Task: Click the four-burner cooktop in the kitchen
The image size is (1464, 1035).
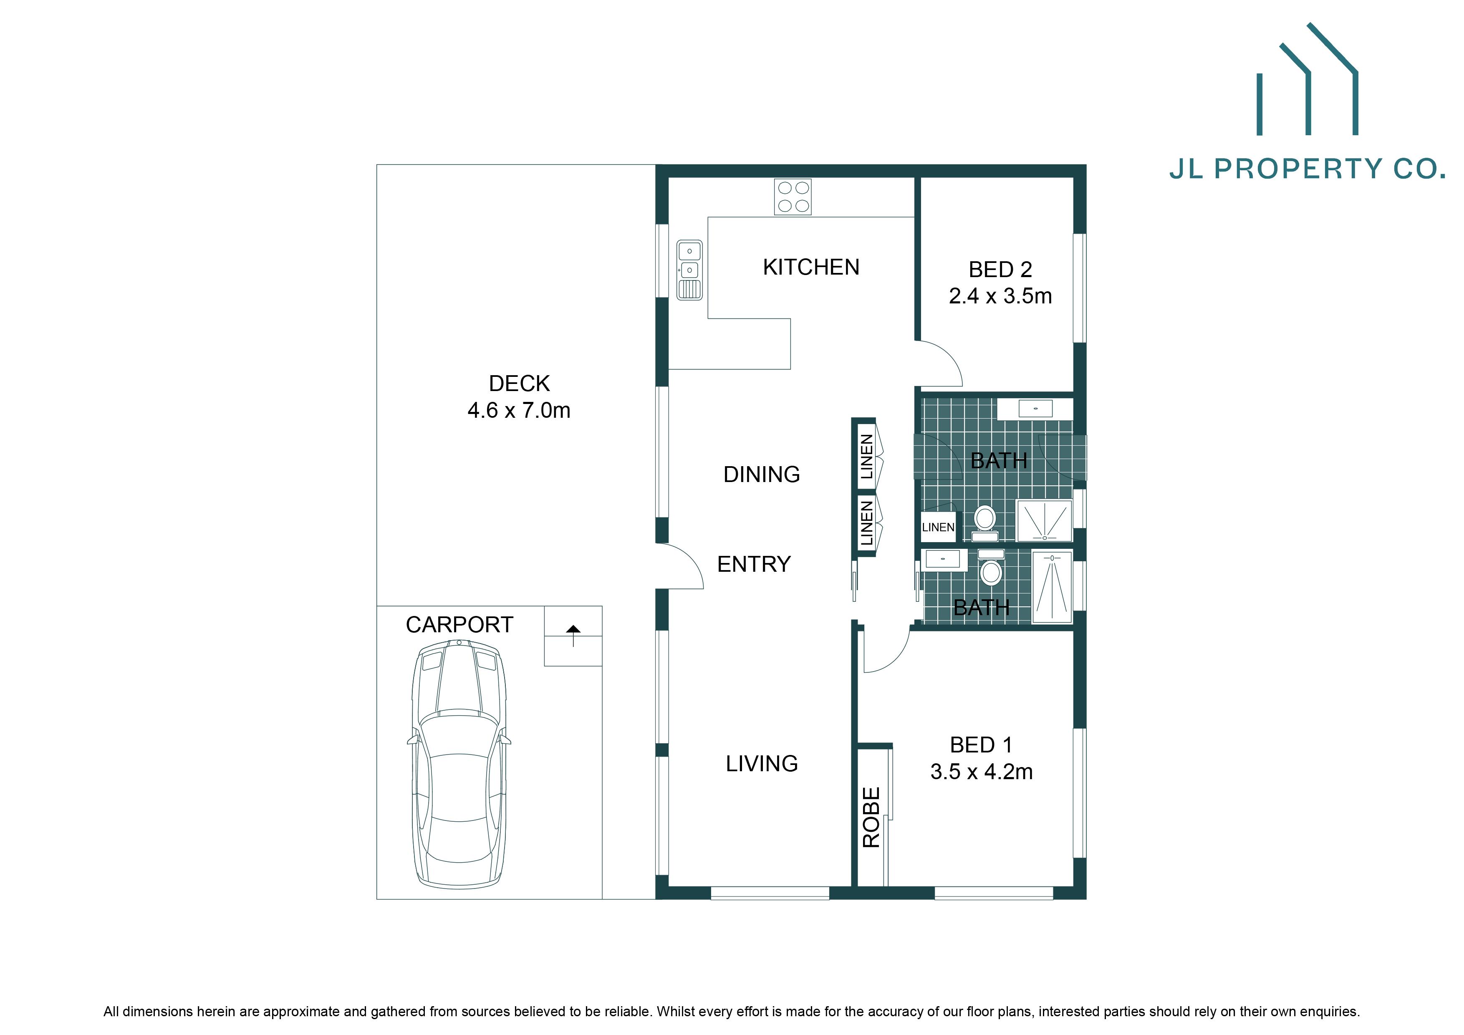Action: [793, 197]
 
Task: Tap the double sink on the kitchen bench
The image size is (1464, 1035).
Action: [689, 269]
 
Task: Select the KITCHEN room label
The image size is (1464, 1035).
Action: [811, 267]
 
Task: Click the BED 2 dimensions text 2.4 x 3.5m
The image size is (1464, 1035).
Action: [1000, 296]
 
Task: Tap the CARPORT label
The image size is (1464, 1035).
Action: [459, 624]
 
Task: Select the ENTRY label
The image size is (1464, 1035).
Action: [754, 564]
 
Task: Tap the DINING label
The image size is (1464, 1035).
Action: [761, 475]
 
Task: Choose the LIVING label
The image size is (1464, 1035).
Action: [761, 763]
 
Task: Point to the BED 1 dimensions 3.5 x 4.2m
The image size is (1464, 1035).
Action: [981, 772]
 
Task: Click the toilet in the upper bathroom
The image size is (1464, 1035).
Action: [985, 520]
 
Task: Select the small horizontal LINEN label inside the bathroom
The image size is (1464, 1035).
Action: [938, 528]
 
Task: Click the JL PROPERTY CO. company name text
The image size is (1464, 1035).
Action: [1307, 169]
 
